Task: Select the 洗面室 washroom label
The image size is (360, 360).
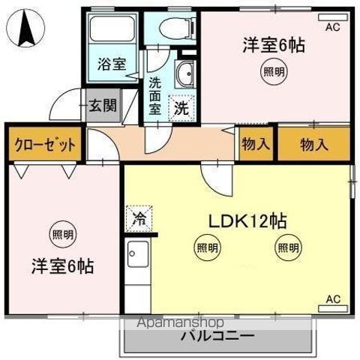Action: [154, 94]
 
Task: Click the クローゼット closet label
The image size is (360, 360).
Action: [44, 145]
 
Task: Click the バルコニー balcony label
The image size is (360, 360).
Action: [217, 335]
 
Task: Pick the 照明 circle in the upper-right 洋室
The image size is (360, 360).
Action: [273, 73]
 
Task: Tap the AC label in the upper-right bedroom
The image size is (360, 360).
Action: [331, 26]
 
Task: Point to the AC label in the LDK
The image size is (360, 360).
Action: [332, 299]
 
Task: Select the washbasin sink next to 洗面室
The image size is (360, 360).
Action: [183, 75]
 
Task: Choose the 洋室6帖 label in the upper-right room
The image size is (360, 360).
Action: [273, 45]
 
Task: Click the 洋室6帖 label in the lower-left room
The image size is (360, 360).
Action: [62, 266]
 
